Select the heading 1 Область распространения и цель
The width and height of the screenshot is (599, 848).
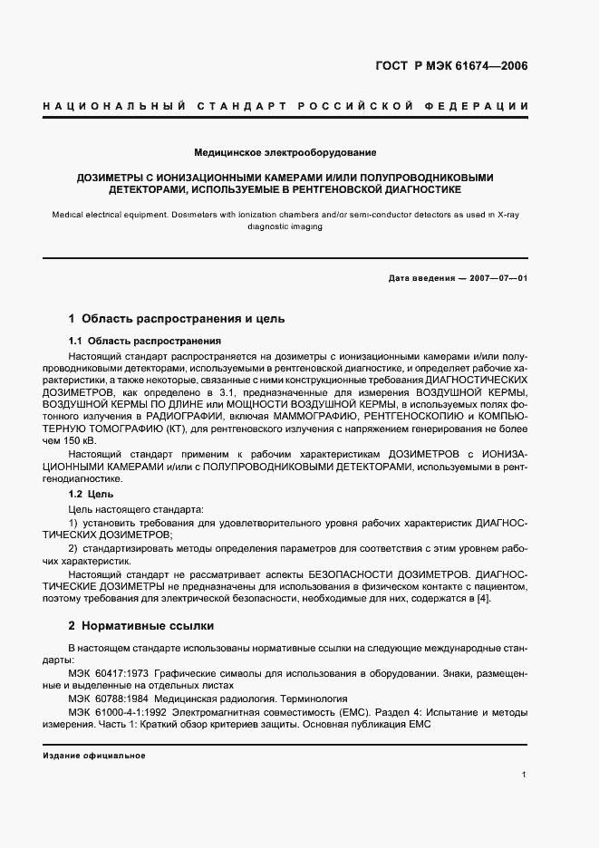pos(177,319)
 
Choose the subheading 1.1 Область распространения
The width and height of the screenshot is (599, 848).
pos(145,341)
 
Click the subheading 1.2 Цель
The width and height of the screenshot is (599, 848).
pos(91,496)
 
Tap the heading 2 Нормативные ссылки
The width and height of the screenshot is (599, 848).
pos(145,626)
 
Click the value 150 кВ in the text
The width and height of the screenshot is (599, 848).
pos(72,437)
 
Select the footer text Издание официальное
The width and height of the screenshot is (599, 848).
pos(94,755)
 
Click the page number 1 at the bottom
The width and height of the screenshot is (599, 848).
pos(525,775)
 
